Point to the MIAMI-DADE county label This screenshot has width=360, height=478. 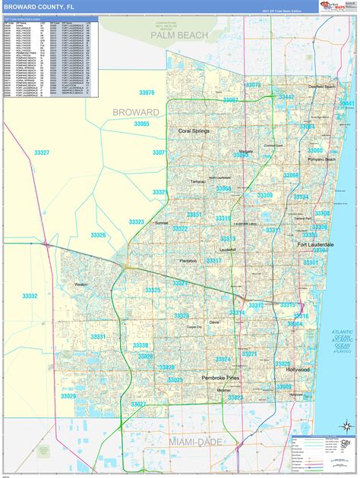[x=169, y=440]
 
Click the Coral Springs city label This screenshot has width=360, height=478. [x=194, y=131]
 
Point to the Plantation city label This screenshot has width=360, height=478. [x=189, y=260]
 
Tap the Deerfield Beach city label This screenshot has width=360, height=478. [x=321, y=86]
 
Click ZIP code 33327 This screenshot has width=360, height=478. [x=42, y=153]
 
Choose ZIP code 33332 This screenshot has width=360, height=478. [x=30, y=296]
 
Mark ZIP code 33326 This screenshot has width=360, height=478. [x=99, y=235]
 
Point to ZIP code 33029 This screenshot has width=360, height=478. [x=69, y=395]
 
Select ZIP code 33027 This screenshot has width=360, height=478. [x=138, y=404]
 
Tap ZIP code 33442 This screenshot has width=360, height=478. [x=286, y=97]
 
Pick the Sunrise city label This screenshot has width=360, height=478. [x=162, y=223]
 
